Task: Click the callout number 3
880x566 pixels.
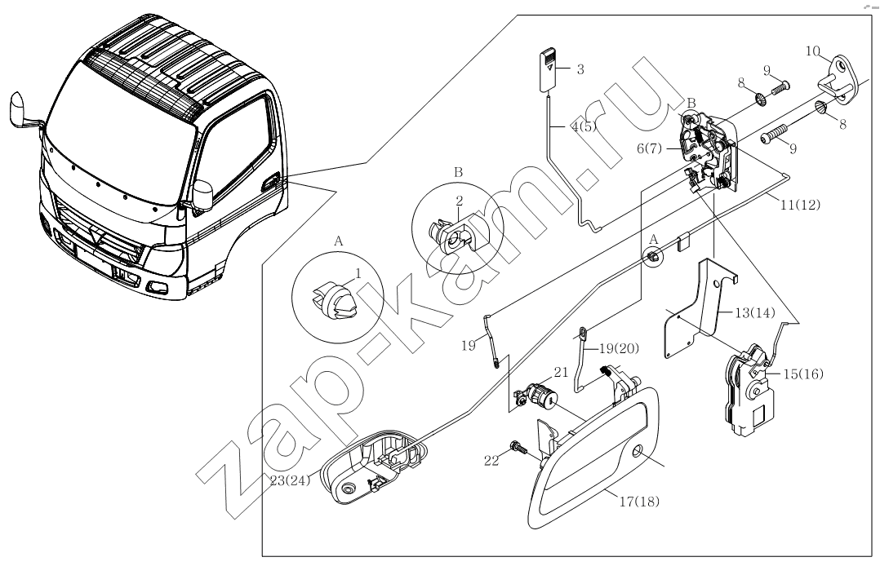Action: pos(580,70)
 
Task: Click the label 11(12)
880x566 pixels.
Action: pos(799,205)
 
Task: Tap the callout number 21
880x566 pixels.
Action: pos(560,371)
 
